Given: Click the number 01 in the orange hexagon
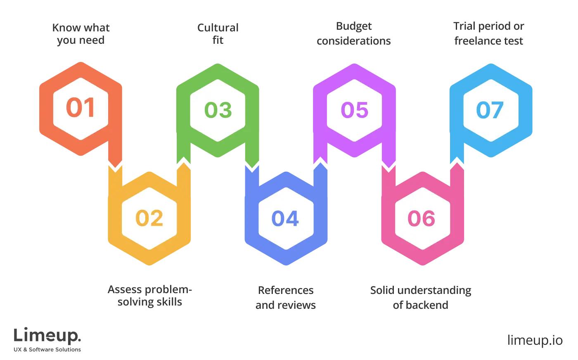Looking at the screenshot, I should (81, 108).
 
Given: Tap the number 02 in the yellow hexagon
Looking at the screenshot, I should (149, 218).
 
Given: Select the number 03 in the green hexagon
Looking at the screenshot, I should (218, 110).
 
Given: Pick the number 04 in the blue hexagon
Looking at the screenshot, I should (285, 218).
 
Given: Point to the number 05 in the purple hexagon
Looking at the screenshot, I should (354, 110).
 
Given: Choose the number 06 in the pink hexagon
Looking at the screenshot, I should (422, 218).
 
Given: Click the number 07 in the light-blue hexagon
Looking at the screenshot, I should (490, 110).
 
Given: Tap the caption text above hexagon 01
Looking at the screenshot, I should (82, 34).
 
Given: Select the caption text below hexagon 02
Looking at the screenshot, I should (150, 296).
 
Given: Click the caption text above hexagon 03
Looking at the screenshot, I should (218, 34).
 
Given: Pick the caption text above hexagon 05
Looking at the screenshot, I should (354, 34).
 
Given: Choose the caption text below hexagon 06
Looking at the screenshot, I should (421, 298).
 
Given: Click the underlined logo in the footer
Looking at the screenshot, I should (47, 336).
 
